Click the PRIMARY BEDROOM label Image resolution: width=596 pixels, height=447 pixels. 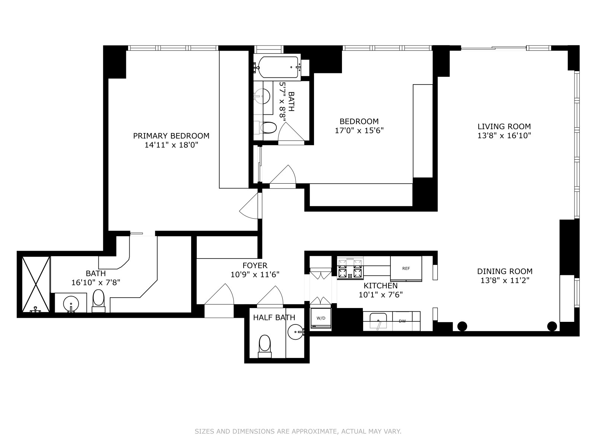click(171, 136)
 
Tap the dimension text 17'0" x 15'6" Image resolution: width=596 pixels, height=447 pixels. click(359, 130)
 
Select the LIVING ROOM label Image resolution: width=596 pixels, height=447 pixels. click(504, 127)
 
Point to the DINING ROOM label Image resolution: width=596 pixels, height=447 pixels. click(504, 271)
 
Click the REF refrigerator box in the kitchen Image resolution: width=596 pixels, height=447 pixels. click(406, 268)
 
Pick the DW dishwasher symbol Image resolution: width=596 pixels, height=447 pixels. click(402, 321)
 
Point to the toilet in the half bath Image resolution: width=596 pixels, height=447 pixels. click(264, 345)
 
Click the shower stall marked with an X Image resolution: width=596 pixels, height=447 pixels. click(36, 284)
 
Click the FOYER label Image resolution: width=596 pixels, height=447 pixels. click(255, 266)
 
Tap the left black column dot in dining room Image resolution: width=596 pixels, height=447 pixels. click(462, 326)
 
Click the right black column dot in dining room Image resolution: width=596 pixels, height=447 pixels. click(552, 326)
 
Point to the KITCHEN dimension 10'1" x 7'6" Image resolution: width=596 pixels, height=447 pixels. click(381, 295)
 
